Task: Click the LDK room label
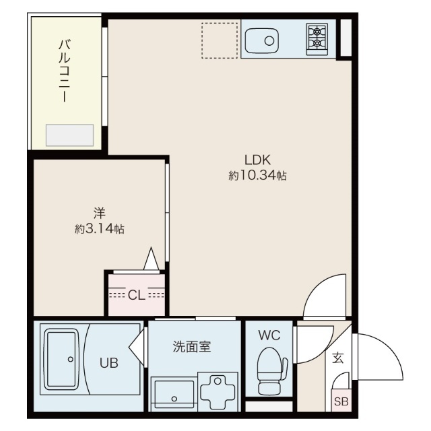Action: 257,160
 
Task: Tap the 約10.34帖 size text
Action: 257,175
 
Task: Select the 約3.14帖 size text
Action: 100,228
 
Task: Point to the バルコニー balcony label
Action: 65,71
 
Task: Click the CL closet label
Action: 137,295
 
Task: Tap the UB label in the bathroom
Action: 109,363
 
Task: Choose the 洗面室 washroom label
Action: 192,347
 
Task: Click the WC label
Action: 269,335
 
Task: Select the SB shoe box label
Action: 341,402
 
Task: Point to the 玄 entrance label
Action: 338,358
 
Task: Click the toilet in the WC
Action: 272,371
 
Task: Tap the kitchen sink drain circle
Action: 269,41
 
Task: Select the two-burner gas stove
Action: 317,40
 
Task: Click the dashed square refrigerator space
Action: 220,40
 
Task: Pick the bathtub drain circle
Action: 70,359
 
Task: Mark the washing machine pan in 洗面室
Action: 218,392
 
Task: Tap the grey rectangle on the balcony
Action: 69,135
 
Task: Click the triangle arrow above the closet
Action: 151,259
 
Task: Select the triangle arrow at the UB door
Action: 137,347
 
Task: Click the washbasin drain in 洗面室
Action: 174,399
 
